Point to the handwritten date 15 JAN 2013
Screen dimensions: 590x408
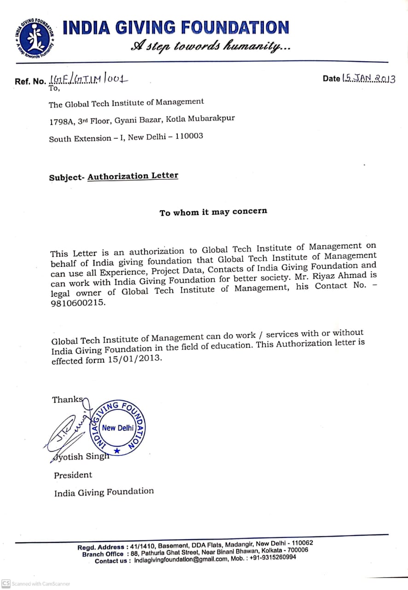coord(368,78)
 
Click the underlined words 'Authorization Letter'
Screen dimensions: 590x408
coord(133,176)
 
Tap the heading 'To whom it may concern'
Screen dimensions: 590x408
coord(213,212)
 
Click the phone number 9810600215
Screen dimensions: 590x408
coord(78,303)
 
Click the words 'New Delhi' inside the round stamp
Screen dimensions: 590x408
coord(117,428)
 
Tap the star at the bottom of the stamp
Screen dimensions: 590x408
coord(117,451)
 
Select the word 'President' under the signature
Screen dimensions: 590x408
coord(73,475)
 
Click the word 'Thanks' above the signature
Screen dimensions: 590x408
coord(67,400)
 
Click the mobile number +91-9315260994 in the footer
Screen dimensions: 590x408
coord(273,557)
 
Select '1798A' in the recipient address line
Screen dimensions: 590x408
coord(60,122)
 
